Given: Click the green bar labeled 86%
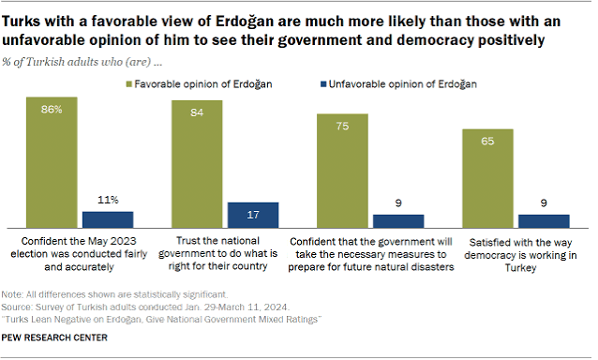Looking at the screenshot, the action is (x=52, y=162).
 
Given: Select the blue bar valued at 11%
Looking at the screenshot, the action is (x=108, y=219).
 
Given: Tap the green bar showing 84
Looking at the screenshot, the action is (x=197, y=164).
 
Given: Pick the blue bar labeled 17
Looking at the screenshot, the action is (x=253, y=215).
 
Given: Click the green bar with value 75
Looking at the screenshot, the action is (x=342, y=171).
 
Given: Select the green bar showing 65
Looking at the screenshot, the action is (x=487, y=178).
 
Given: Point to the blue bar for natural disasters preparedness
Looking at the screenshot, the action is (x=398, y=221).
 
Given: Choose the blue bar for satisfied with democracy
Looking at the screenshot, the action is (x=544, y=221).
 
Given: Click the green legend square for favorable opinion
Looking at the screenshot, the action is (x=129, y=83).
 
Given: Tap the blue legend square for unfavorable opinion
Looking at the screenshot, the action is (x=323, y=83).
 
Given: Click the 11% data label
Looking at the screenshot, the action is (x=108, y=200).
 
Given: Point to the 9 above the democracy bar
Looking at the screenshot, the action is (x=544, y=202).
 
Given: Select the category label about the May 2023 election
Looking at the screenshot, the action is (x=79, y=254).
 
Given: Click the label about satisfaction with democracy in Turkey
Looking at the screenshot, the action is (x=520, y=255).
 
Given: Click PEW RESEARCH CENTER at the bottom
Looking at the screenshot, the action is (x=54, y=337).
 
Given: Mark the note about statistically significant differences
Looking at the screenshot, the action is (x=114, y=294).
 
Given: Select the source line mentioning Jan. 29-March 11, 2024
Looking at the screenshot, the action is (x=145, y=307).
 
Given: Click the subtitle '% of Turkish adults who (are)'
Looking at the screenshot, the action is (x=82, y=62).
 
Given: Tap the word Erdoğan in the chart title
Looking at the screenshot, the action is (x=245, y=22).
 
